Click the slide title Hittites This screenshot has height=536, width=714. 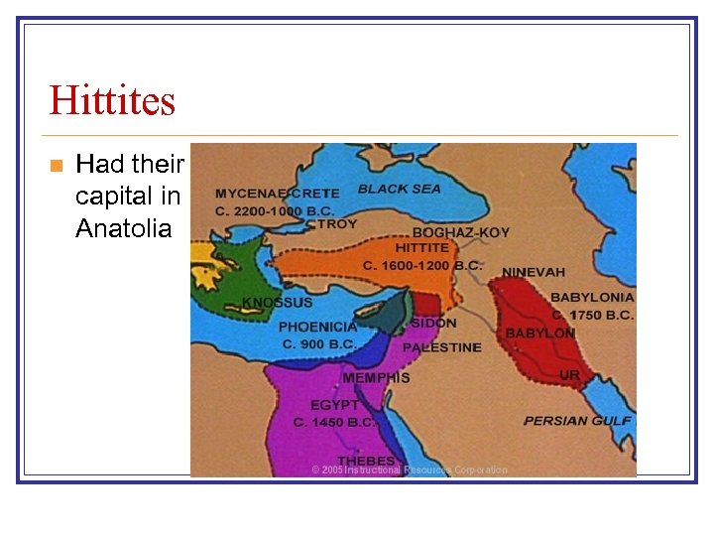pos(112,100)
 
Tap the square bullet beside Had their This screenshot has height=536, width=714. pos(56,164)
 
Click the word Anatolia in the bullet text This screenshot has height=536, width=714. pos(123,229)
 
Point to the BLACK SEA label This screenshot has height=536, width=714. pos(400,188)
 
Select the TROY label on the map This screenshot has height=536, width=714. pos(338,223)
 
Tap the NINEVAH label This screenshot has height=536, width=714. pos(534,272)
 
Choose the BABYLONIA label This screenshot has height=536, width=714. pos(592,297)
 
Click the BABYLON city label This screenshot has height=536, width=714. pos(540,334)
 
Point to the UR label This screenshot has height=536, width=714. pos(569,375)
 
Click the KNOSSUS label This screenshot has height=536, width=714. pos(278,303)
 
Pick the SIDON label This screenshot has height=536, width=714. pos(433,323)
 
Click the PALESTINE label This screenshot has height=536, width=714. pos(441,347)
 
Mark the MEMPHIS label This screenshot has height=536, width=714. pos(376,377)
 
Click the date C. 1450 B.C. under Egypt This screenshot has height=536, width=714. pos(335,422)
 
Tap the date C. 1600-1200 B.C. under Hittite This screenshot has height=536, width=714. pos(421,265)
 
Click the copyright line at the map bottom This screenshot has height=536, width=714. pos(409,469)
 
